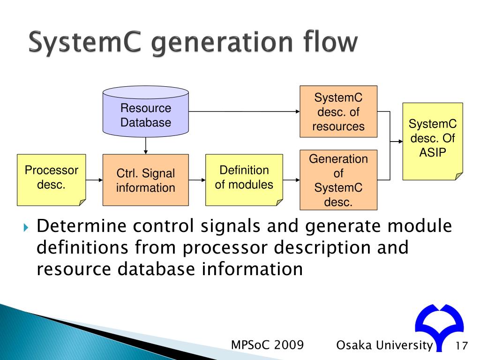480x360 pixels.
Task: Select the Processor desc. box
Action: pos(52,180)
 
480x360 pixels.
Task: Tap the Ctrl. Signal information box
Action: pos(146,180)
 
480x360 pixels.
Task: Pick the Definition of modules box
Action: pos(244,180)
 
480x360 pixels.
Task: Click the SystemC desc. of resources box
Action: pos(338,112)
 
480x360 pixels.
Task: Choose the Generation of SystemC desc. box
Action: pos(338,180)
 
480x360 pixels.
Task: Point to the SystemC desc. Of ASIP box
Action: pos(432,141)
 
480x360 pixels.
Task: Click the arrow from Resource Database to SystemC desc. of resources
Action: pos(244,112)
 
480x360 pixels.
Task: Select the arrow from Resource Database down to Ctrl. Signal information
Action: pos(146,145)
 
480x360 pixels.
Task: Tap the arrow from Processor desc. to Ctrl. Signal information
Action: pos(94,180)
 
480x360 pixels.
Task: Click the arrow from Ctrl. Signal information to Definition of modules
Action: pos(197,180)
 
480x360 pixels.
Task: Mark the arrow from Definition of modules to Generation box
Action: pos(291,180)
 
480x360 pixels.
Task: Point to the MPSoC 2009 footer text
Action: pos(268,345)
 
